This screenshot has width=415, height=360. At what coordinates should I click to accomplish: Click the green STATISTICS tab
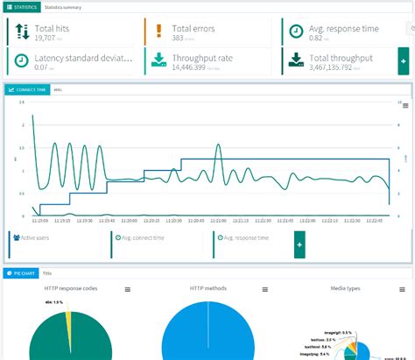21,6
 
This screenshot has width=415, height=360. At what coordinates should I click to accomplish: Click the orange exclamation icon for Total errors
158,32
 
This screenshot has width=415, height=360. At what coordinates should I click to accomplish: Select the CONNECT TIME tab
27,89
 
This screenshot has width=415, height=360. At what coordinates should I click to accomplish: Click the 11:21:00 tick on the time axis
218,221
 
